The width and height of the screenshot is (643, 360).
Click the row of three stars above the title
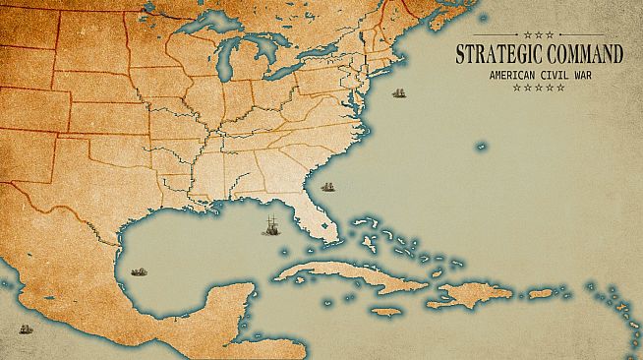pos(539,34)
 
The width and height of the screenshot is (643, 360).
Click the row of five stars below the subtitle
pos(539,88)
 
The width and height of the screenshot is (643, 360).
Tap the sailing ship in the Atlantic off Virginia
pos(400,94)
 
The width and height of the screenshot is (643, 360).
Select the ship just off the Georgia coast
pos(327,186)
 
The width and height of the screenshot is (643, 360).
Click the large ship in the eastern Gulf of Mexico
pos(268,225)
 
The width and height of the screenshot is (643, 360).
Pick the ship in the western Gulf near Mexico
pos(138,270)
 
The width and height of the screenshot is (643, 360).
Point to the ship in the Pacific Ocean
pos(25,329)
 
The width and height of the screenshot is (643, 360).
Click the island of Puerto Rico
pos(541,293)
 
